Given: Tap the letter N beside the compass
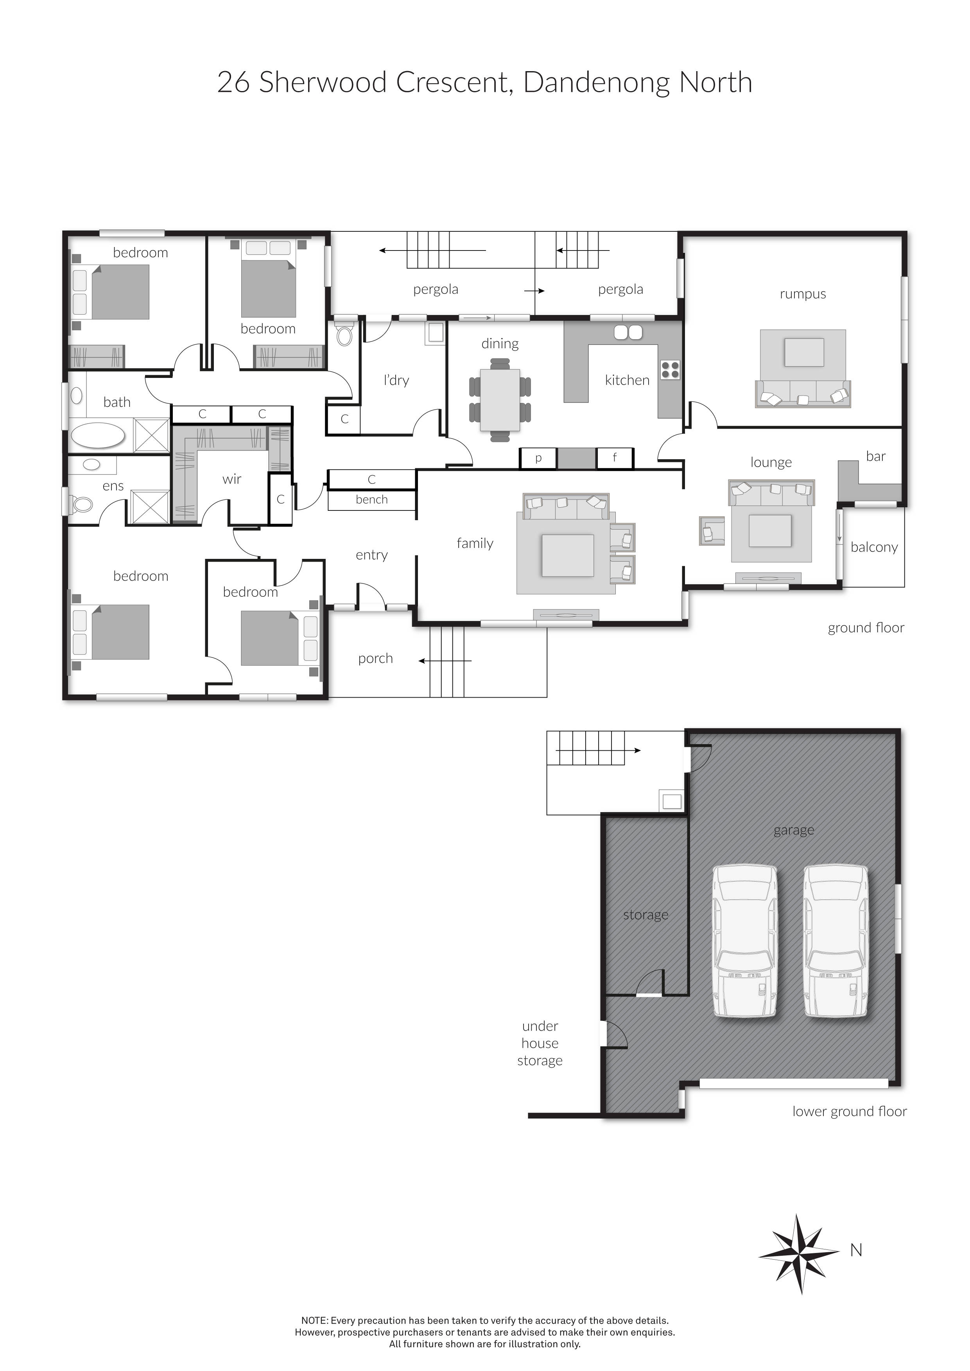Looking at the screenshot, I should (856, 1250).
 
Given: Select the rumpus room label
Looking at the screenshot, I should (802, 294).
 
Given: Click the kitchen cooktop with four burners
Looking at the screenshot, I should (670, 370).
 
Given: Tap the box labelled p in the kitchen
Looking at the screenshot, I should (538, 458).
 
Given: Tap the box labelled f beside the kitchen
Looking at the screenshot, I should (615, 458).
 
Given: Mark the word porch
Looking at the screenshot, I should (375, 658).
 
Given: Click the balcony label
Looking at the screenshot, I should (874, 547).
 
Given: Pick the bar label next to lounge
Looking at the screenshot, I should (876, 456).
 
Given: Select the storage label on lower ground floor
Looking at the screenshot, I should (645, 915).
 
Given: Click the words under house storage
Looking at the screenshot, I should (540, 1043).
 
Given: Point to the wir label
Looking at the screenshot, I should (232, 479).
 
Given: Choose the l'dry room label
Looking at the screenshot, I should (396, 380).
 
